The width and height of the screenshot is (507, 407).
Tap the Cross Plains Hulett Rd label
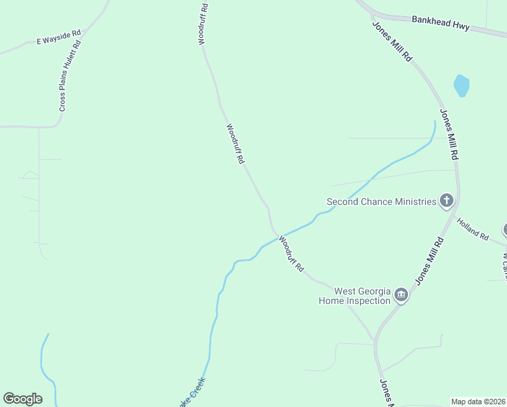[x=70, y=75]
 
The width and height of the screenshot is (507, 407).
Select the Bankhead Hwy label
[x=441, y=23]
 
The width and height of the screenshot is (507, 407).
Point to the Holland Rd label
[x=472, y=229]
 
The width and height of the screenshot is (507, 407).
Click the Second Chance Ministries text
[x=381, y=201]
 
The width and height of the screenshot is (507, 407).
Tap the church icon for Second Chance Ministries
[x=446, y=200]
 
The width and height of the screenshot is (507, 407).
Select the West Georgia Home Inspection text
[x=354, y=295]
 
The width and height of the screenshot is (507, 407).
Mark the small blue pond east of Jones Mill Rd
[x=462, y=86]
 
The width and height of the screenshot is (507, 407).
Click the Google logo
[x=22, y=399]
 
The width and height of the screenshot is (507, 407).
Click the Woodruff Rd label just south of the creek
[x=291, y=254]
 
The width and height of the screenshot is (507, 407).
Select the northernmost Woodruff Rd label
[x=202, y=24]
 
